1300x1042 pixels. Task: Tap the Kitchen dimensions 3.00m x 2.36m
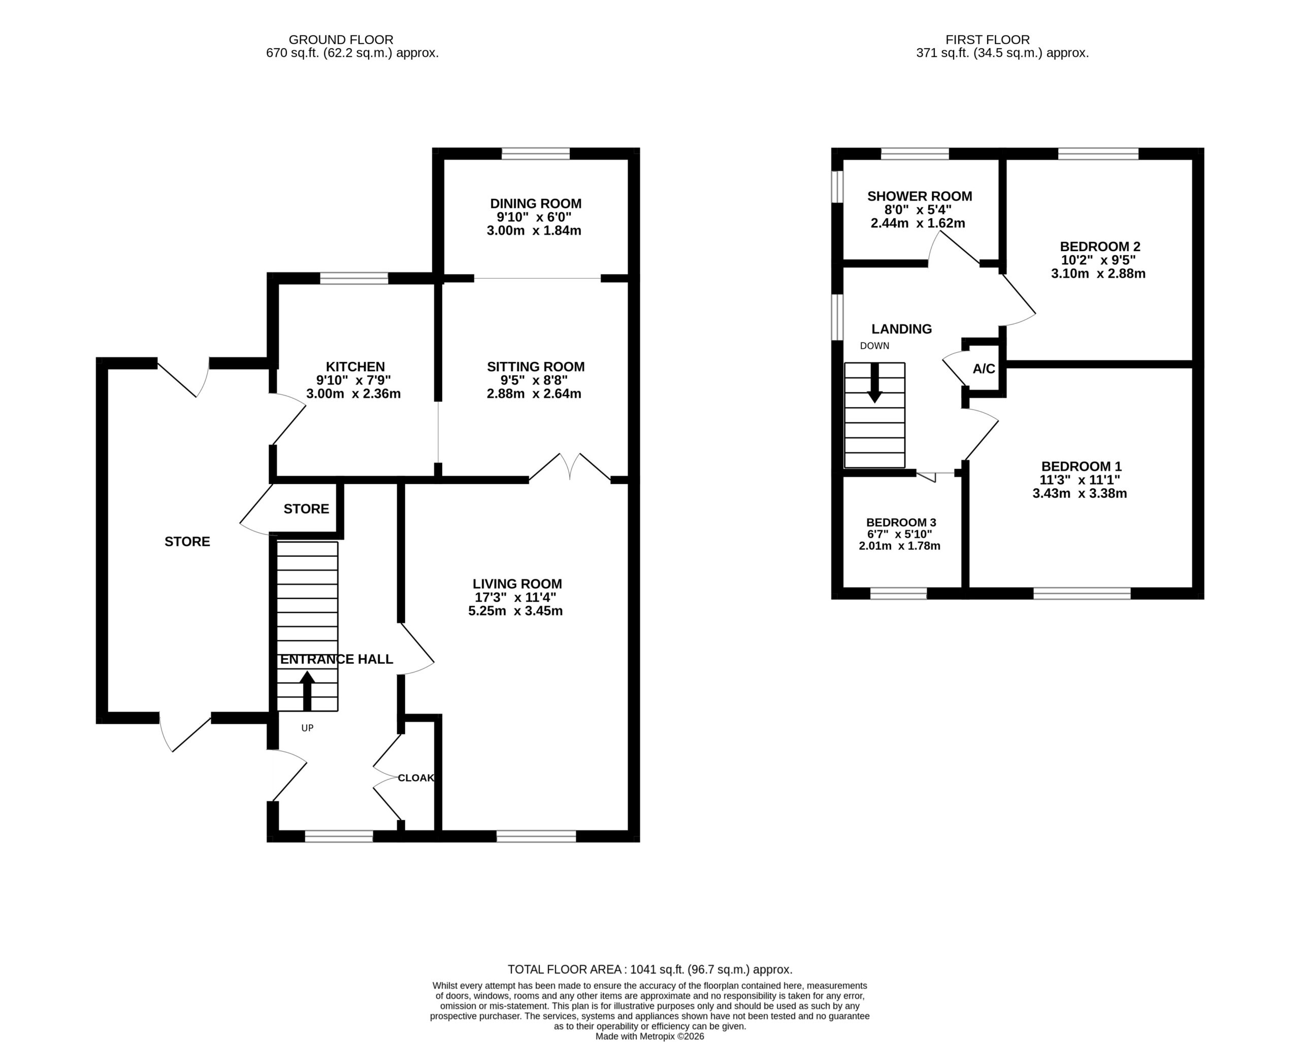353,394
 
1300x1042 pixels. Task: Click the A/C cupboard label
984,369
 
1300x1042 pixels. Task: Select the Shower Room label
920,196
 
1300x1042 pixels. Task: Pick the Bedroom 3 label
901,522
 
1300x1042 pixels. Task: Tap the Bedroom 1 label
1081,466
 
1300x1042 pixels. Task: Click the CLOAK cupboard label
416,778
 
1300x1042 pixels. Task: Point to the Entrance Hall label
337,659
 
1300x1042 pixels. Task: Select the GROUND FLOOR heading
341,40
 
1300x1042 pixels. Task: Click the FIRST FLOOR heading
988,40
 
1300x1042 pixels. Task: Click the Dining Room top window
535,154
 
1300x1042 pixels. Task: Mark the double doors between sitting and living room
570,467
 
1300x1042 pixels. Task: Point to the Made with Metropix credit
649,1036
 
